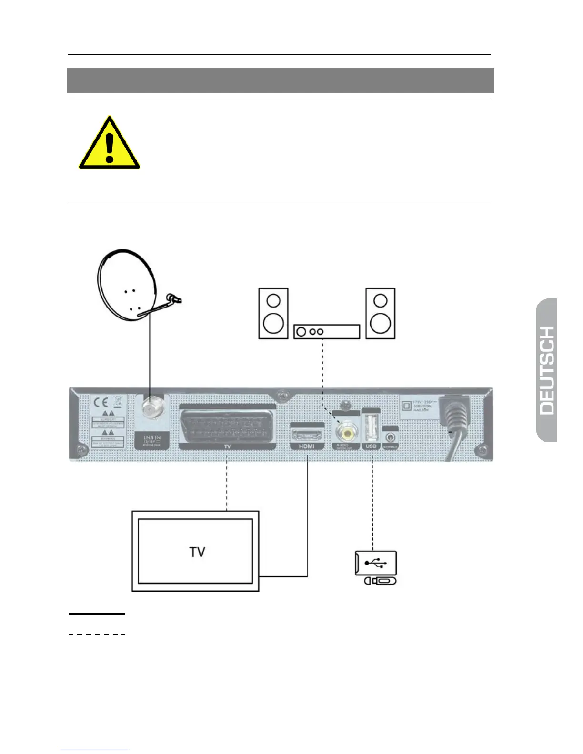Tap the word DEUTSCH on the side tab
coord(547,370)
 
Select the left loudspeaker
coord(273,313)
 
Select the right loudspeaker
coord(380,313)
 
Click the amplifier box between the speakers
coord(326,332)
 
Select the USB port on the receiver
coord(371,427)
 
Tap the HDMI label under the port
coord(307,446)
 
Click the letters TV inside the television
coord(197,552)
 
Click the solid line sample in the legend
coord(97,614)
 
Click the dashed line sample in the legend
coord(97,635)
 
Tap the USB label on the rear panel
coord(371,446)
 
